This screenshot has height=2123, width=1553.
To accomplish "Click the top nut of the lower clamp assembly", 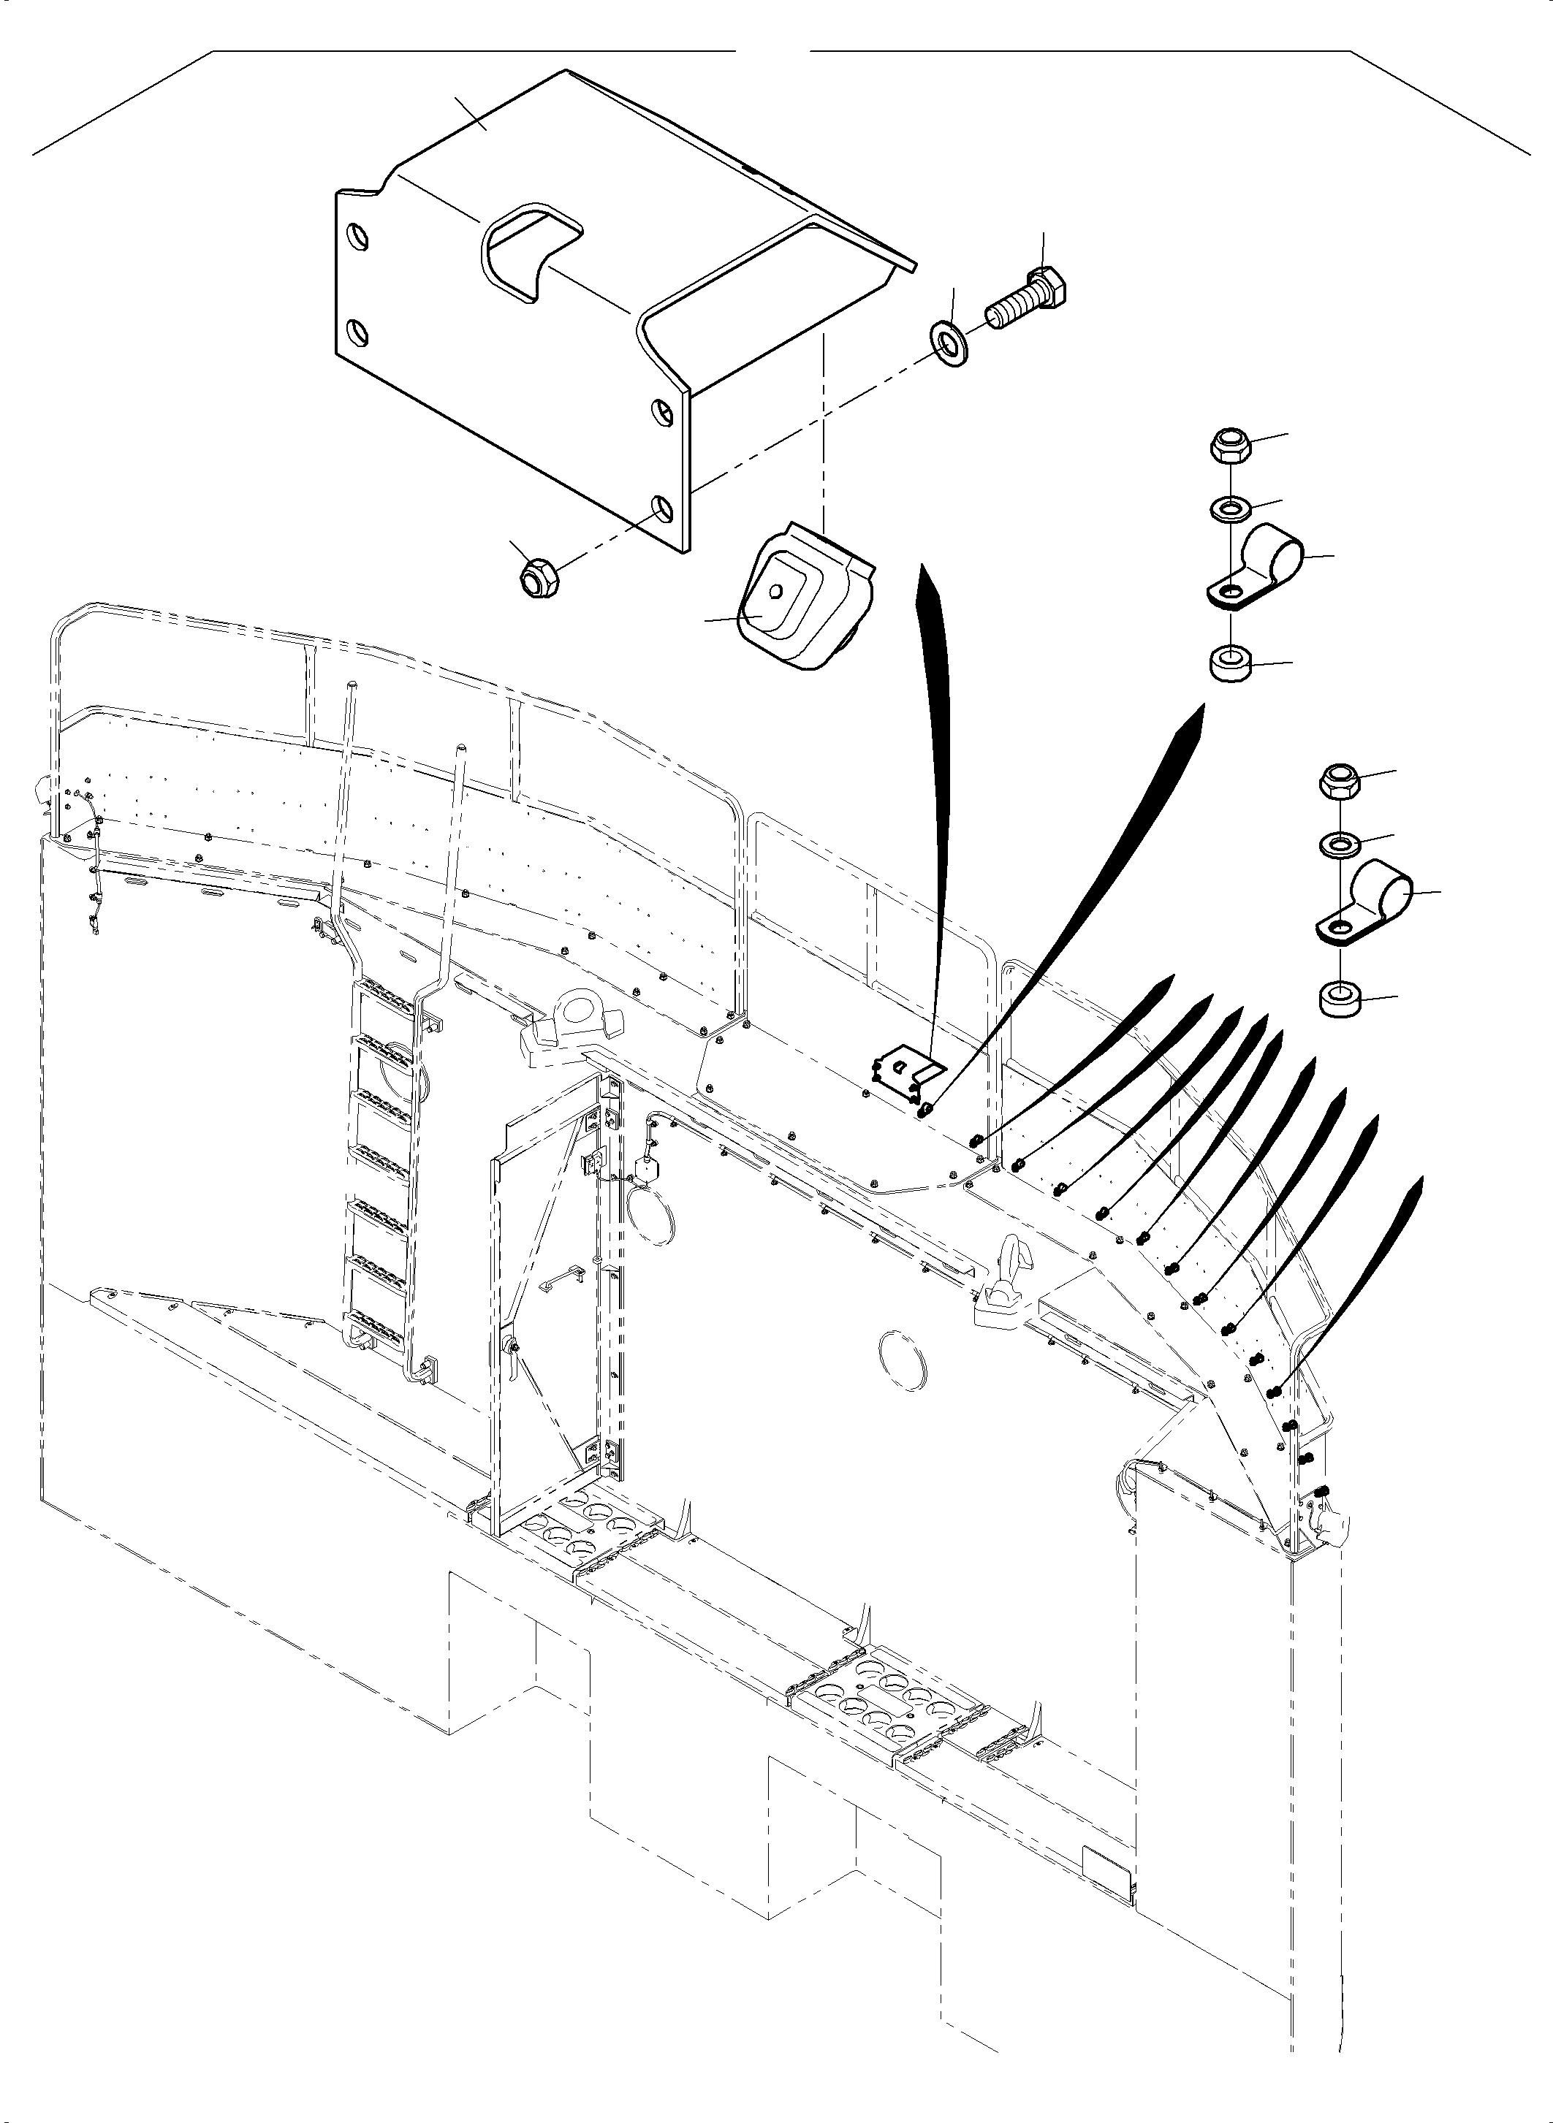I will (1340, 781).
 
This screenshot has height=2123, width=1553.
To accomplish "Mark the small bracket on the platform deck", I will (904, 1078).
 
